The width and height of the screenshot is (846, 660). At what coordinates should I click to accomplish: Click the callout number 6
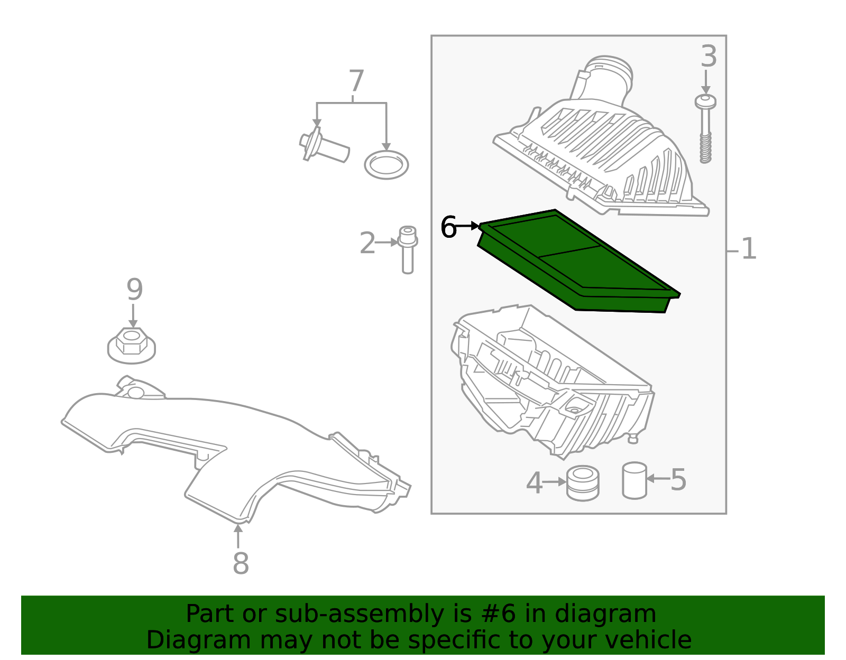[x=448, y=227]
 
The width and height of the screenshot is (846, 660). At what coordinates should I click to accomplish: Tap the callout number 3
[x=709, y=57]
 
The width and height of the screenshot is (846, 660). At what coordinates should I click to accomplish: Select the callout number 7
[x=356, y=81]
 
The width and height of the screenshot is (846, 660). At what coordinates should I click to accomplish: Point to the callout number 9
[x=134, y=290]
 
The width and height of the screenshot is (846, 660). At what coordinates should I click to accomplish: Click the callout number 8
[x=241, y=563]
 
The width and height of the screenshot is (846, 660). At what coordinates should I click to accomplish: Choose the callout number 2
[x=367, y=243]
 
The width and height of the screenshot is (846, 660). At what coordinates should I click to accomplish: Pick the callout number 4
[x=534, y=482]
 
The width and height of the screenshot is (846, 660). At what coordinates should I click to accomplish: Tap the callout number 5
[x=678, y=480]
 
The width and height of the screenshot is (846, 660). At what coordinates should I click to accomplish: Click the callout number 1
[x=749, y=248]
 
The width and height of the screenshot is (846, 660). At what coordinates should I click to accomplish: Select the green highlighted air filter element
[x=579, y=261]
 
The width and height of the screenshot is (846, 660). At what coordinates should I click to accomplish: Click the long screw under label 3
[x=706, y=129]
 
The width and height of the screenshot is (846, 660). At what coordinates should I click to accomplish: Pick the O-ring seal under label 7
[x=387, y=165]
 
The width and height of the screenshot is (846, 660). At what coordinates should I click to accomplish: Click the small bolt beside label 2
[x=408, y=250]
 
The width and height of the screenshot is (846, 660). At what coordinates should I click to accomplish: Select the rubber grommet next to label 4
[x=583, y=483]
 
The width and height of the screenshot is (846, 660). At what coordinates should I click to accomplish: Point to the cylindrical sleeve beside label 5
[x=635, y=480]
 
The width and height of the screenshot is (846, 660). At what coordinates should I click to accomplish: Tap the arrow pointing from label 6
[x=468, y=226]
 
